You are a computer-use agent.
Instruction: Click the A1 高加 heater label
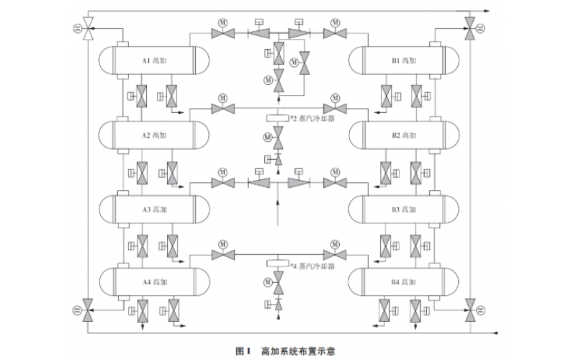pyautogui.click(x=153, y=60)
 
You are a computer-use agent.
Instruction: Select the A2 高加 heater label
pyautogui.click(x=153, y=135)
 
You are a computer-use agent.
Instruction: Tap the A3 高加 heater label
pyautogui.click(x=153, y=210)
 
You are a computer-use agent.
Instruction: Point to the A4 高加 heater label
pyautogui.click(x=153, y=282)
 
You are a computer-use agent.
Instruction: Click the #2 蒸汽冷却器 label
pyautogui.click(x=311, y=119)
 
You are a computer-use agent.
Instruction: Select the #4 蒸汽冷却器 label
pyautogui.click(x=311, y=266)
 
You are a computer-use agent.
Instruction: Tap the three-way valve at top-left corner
pyautogui.click(x=88, y=30)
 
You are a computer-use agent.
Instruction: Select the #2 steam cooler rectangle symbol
pyautogui.click(x=277, y=117)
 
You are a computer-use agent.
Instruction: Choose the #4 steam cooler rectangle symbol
pyautogui.click(x=277, y=264)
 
